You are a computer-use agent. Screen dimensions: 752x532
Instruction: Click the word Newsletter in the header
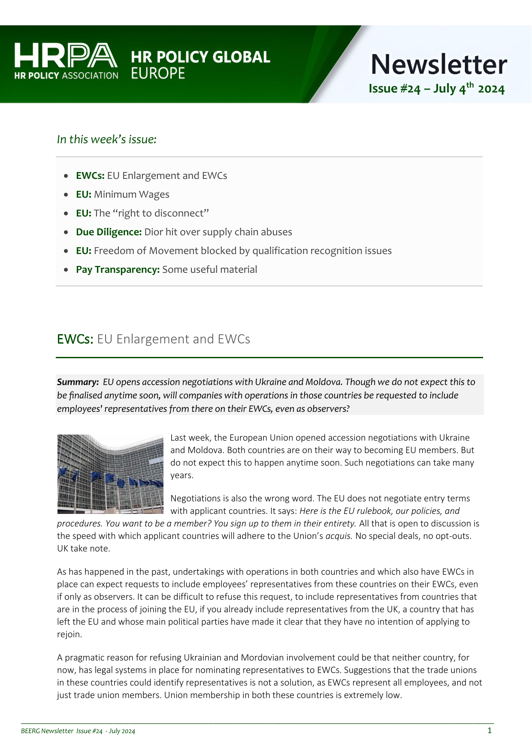[438, 64]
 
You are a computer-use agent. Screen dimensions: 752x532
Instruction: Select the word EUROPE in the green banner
[157, 73]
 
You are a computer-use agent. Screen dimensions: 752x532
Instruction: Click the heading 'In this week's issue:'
[106, 139]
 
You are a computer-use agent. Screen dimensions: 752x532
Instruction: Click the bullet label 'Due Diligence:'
[109, 232]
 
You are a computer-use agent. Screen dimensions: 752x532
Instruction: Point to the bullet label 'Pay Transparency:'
[118, 269]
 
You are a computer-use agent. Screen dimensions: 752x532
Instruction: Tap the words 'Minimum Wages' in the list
[131, 194]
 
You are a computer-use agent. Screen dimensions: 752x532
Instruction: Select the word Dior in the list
[154, 232]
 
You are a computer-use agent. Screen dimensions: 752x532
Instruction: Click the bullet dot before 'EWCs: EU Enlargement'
[66, 176]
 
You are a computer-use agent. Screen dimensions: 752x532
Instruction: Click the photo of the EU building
[110, 474]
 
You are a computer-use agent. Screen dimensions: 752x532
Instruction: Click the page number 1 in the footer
[490, 731]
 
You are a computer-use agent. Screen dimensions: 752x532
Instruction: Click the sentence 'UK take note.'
[84, 548]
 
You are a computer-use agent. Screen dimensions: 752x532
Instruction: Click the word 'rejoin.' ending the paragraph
[69, 634]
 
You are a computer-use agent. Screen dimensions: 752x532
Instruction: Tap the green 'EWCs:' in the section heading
[75, 339]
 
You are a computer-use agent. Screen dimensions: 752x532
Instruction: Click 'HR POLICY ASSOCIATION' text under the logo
[66, 76]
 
